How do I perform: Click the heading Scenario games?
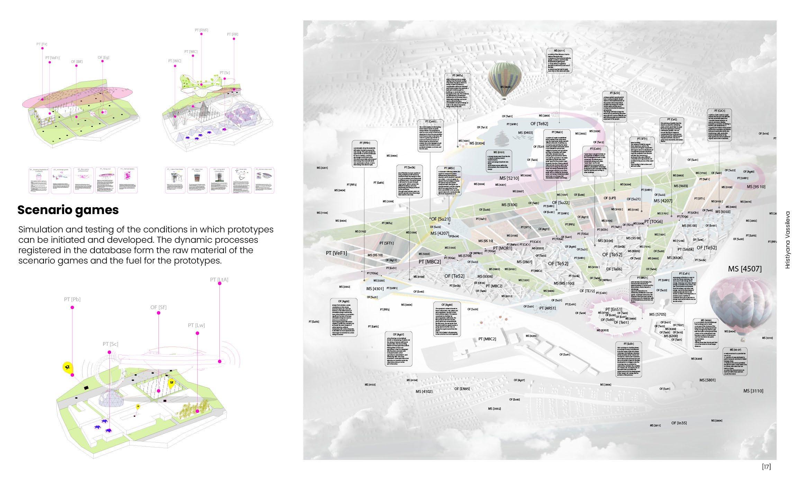pyautogui.click(x=68, y=210)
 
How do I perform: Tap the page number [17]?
pyautogui.click(x=767, y=467)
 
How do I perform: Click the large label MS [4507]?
pyautogui.click(x=745, y=269)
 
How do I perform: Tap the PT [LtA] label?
pyautogui.click(x=219, y=279)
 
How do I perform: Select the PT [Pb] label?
pyautogui.click(x=72, y=299)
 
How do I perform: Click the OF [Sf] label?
pyautogui.click(x=158, y=307)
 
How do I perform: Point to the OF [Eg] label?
pyautogui.click(x=103, y=57)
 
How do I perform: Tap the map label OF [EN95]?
pyautogui.click(x=462, y=389)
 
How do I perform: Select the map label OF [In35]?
pyautogui.click(x=679, y=423)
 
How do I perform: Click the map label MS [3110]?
pyautogui.click(x=753, y=391)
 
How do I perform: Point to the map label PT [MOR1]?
pyautogui.click(x=502, y=248)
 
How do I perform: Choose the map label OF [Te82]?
pyautogui.click(x=539, y=124)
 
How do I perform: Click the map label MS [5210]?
pyautogui.click(x=509, y=178)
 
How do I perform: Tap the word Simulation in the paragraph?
pyautogui.click(x=39, y=230)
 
